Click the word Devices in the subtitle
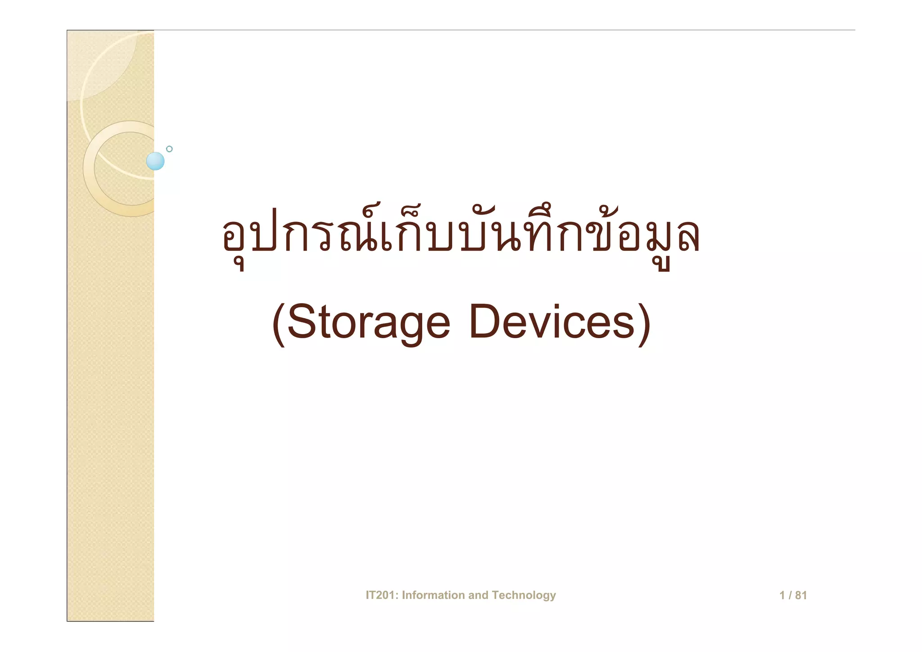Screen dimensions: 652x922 (551, 322)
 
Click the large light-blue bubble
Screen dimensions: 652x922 (155, 161)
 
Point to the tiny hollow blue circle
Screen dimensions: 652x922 (169, 149)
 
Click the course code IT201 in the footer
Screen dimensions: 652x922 (381, 595)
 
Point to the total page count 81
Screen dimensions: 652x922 (801, 595)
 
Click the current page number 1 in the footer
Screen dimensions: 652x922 (782, 595)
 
